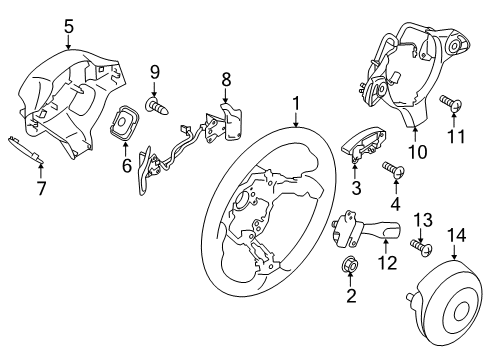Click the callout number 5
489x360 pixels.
[69, 26]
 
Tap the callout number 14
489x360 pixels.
[456, 236]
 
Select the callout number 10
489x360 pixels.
[417, 152]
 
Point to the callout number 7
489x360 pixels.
[41, 188]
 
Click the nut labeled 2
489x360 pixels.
[350, 265]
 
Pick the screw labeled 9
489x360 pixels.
[158, 106]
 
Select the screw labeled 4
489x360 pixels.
[393, 169]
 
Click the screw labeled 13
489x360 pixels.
[421, 247]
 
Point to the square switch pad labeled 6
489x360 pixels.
[123, 123]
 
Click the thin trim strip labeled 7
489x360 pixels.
[26, 149]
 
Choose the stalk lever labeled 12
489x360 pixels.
[367, 229]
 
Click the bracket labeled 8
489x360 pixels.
[230, 123]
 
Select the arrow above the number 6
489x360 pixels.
[125, 149]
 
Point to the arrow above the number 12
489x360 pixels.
[385, 248]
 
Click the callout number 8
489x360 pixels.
[226, 80]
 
